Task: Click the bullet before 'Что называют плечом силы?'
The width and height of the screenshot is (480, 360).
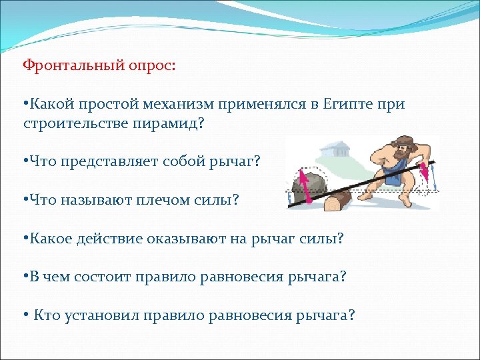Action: tap(24, 199)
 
